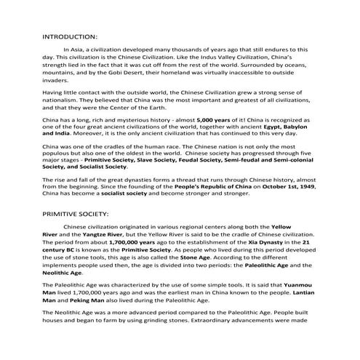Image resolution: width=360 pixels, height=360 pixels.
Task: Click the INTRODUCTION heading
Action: (70, 36)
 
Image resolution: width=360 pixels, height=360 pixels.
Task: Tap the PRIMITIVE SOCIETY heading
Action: (76, 215)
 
